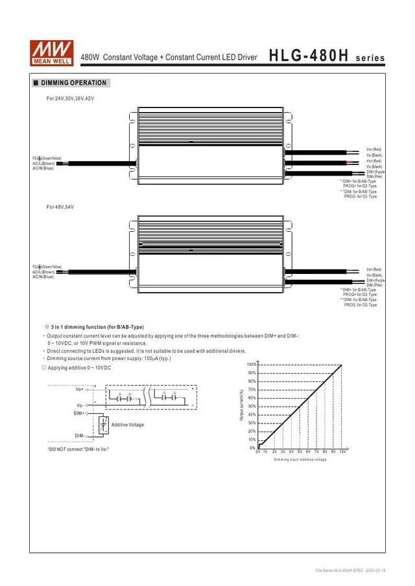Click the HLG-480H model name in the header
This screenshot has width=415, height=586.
click(309, 56)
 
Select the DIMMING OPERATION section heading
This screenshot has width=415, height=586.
click(73, 83)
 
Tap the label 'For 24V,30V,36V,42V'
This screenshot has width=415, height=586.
click(70, 98)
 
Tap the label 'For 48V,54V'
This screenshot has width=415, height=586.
click(60, 207)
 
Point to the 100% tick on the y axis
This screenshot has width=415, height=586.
click(252, 365)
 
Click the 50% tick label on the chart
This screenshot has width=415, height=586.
click(252, 407)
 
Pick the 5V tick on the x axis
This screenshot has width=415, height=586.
click(300, 451)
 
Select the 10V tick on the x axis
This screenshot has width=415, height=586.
click(342, 451)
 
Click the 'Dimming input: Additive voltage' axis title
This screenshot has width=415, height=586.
click(300, 459)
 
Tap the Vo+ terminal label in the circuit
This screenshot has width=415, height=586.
click(80, 389)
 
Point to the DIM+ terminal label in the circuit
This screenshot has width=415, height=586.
click(79, 412)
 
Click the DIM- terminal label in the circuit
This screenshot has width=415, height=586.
click(79, 435)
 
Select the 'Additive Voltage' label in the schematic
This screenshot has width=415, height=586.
click(128, 425)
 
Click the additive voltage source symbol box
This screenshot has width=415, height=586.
click(102, 425)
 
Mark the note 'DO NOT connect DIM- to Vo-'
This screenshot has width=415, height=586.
click(78, 449)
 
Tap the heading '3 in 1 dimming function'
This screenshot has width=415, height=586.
click(97, 327)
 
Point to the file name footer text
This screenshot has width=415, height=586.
click(350, 570)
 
